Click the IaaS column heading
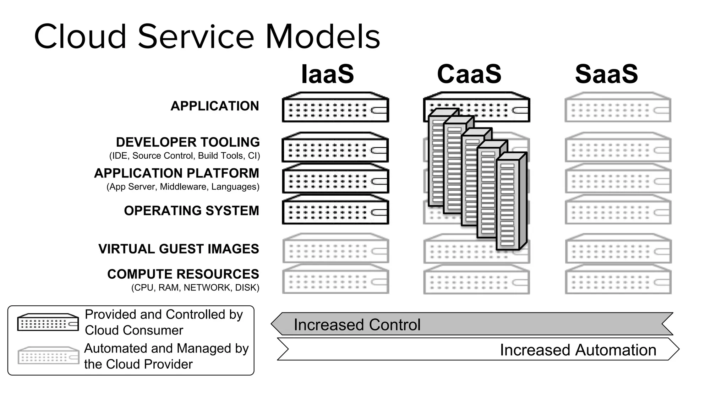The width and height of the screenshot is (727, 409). [x=327, y=74]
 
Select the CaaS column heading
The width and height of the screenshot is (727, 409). [x=469, y=74]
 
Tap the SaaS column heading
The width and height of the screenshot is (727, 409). [x=606, y=74]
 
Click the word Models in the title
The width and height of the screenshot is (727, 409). [x=323, y=37]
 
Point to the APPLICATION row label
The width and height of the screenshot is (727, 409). [x=215, y=106]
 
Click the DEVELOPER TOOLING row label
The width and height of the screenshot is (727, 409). [x=188, y=142]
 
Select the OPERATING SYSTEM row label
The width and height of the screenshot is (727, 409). [x=191, y=211]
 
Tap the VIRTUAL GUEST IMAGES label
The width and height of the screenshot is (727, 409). [x=179, y=249]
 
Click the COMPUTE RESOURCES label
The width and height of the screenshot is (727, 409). [x=183, y=274]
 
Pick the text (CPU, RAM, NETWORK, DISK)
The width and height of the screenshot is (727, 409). [x=195, y=288]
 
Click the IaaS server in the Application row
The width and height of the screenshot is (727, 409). [x=335, y=108]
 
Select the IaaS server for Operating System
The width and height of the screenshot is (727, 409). [x=335, y=210]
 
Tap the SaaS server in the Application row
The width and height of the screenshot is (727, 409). [x=618, y=108]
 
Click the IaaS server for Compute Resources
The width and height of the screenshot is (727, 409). [x=335, y=279]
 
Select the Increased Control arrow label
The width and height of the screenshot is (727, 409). [x=357, y=325]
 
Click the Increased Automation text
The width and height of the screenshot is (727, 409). [x=578, y=350]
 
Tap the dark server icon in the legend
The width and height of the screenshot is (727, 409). [x=48, y=322]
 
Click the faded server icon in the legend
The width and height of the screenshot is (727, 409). [x=48, y=355]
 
